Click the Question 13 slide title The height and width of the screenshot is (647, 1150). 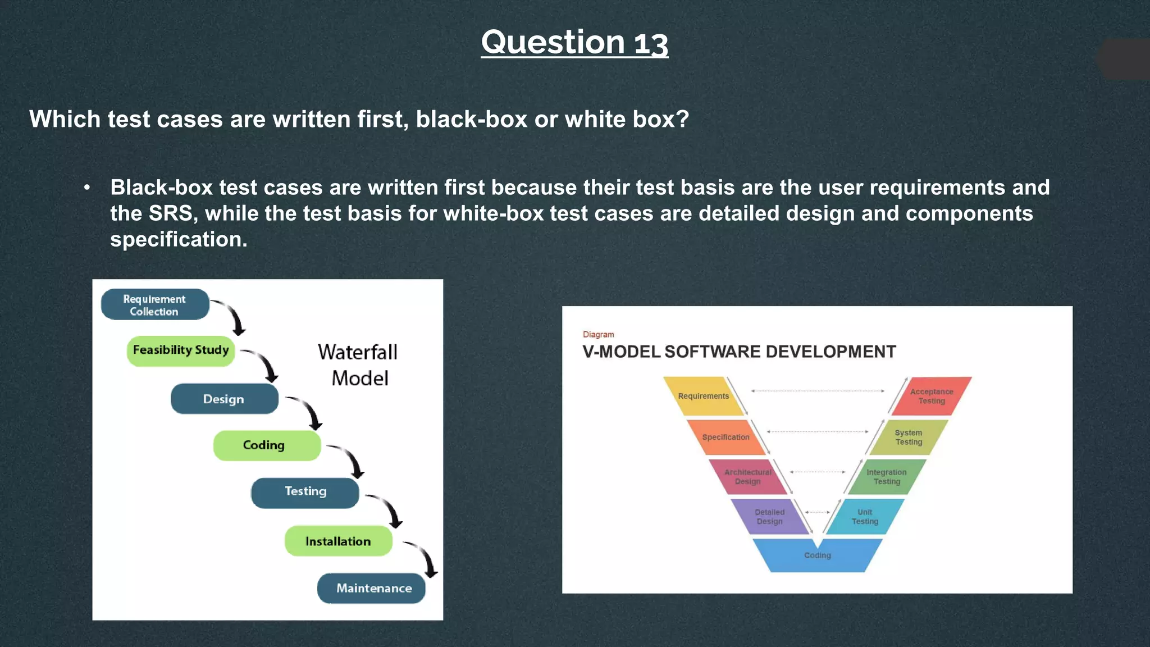tap(574, 43)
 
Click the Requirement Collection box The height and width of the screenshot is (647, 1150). tap(154, 305)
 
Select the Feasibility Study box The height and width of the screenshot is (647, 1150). tap(180, 350)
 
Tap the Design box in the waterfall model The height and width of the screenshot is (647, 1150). tap(223, 399)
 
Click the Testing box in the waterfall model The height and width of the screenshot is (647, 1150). tap(305, 492)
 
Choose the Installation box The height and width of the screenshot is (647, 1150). tap(337, 541)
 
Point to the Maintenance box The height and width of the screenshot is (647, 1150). tap(373, 588)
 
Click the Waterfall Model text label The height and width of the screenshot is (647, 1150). tap(358, 365)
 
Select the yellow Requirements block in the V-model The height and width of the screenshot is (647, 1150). tap(703, 397)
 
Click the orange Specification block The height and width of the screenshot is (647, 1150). tap(725, 438)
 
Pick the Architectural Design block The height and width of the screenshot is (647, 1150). tap(747, 477)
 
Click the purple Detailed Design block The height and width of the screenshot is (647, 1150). tap(769, 517)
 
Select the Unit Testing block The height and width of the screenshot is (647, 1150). tap(865, 517)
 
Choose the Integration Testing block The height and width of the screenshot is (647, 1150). tap(886, 477)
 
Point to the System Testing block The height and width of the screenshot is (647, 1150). tap(908, 438)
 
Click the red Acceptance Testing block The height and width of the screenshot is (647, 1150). tap(931, 397)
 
